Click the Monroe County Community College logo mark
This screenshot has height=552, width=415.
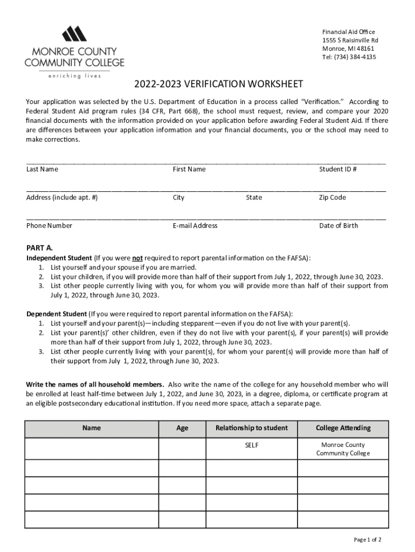tap(74, 34)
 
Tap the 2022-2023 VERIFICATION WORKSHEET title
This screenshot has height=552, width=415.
tap(219, 85)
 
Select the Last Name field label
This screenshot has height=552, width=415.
tap(42, 169)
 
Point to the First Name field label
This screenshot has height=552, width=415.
tap(189, 169)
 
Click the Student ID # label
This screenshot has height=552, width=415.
tap(338, 169)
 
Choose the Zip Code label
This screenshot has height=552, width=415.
tap(333, 197)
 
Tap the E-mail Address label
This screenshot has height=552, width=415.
tap(195, 225)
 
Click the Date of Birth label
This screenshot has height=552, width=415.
tap(338, 225)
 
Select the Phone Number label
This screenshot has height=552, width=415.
tap(49, 225)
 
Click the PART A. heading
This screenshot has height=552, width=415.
tap(39, 248)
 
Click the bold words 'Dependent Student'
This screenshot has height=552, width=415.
tap(57, 314)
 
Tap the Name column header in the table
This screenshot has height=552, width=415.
tap(92, 428)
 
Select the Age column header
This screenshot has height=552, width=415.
tap(182, 428)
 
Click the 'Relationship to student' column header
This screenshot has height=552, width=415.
tap(252, 428)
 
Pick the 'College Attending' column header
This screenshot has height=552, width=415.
tap(343, 428)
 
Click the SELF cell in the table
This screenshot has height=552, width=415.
tap(252, 445)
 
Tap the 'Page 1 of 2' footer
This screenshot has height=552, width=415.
tap(368, 540)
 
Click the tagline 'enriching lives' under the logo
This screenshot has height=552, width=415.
tap(74, 76)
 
